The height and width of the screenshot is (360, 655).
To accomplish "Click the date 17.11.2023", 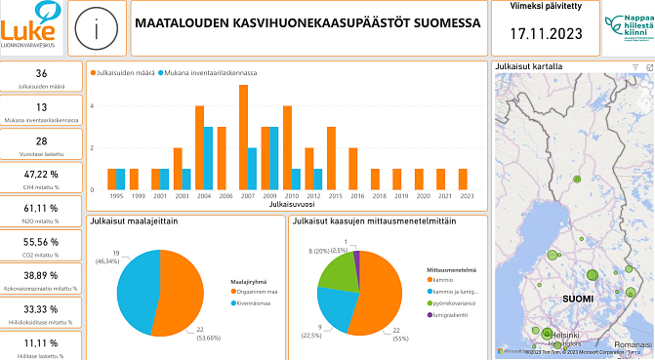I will click(x=546, y=34).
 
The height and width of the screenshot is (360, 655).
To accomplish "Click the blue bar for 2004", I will click(x=208, y=158).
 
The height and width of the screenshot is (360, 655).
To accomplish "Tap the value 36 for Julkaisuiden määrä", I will click(x=41, y=74).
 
